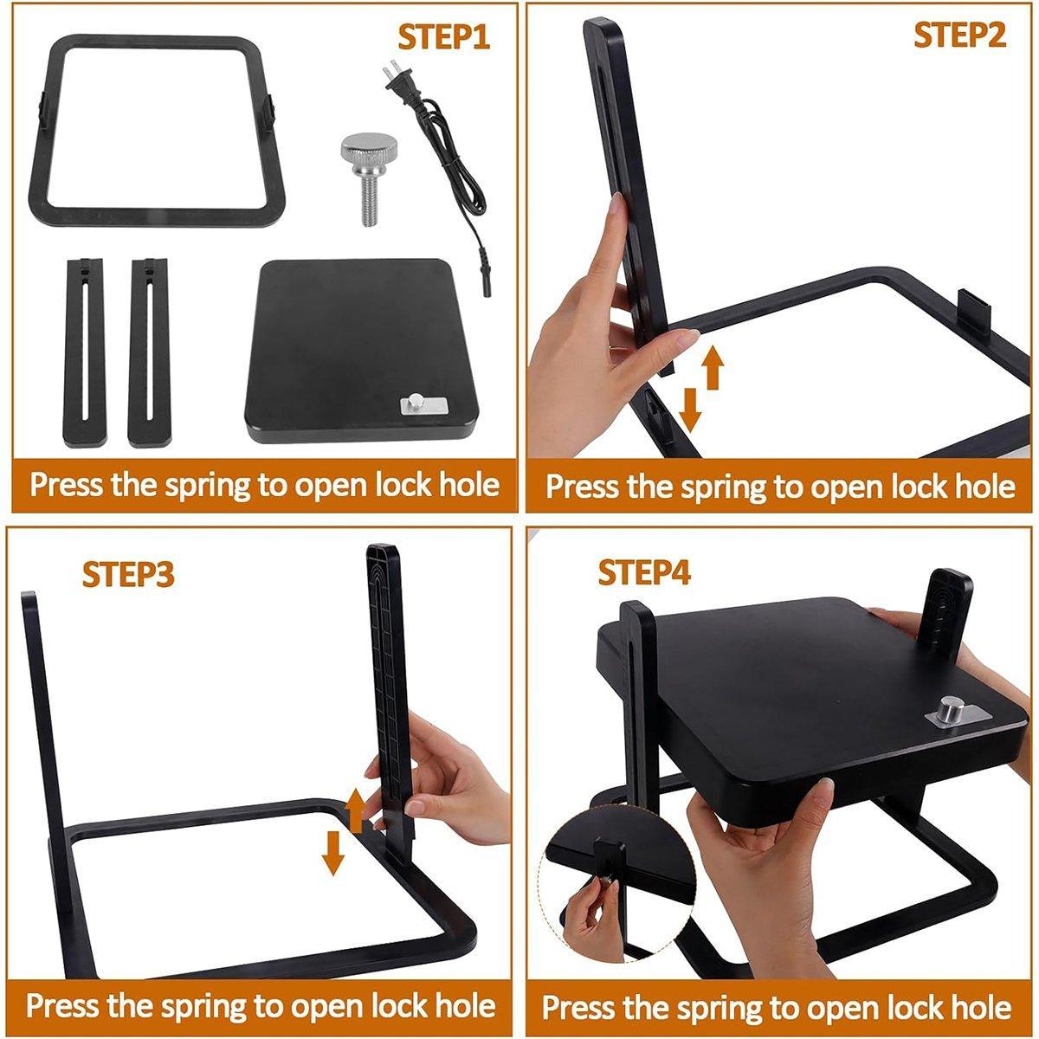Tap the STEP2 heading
coord(959,35)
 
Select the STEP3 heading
coord(128,575)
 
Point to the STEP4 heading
coord(644,572)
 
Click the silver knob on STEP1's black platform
coord(416,403)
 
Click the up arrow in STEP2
coord(713,368)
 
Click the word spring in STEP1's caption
coord(209,485)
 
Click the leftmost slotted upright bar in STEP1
coord(84,352)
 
